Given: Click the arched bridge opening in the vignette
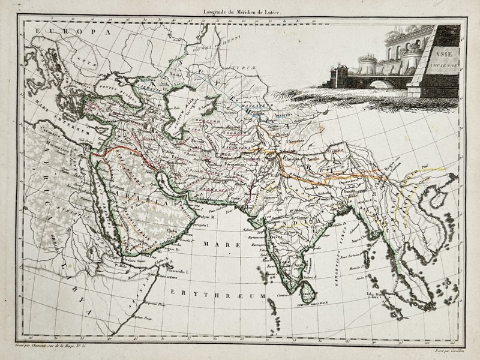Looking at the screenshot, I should (x=379, y=83).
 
